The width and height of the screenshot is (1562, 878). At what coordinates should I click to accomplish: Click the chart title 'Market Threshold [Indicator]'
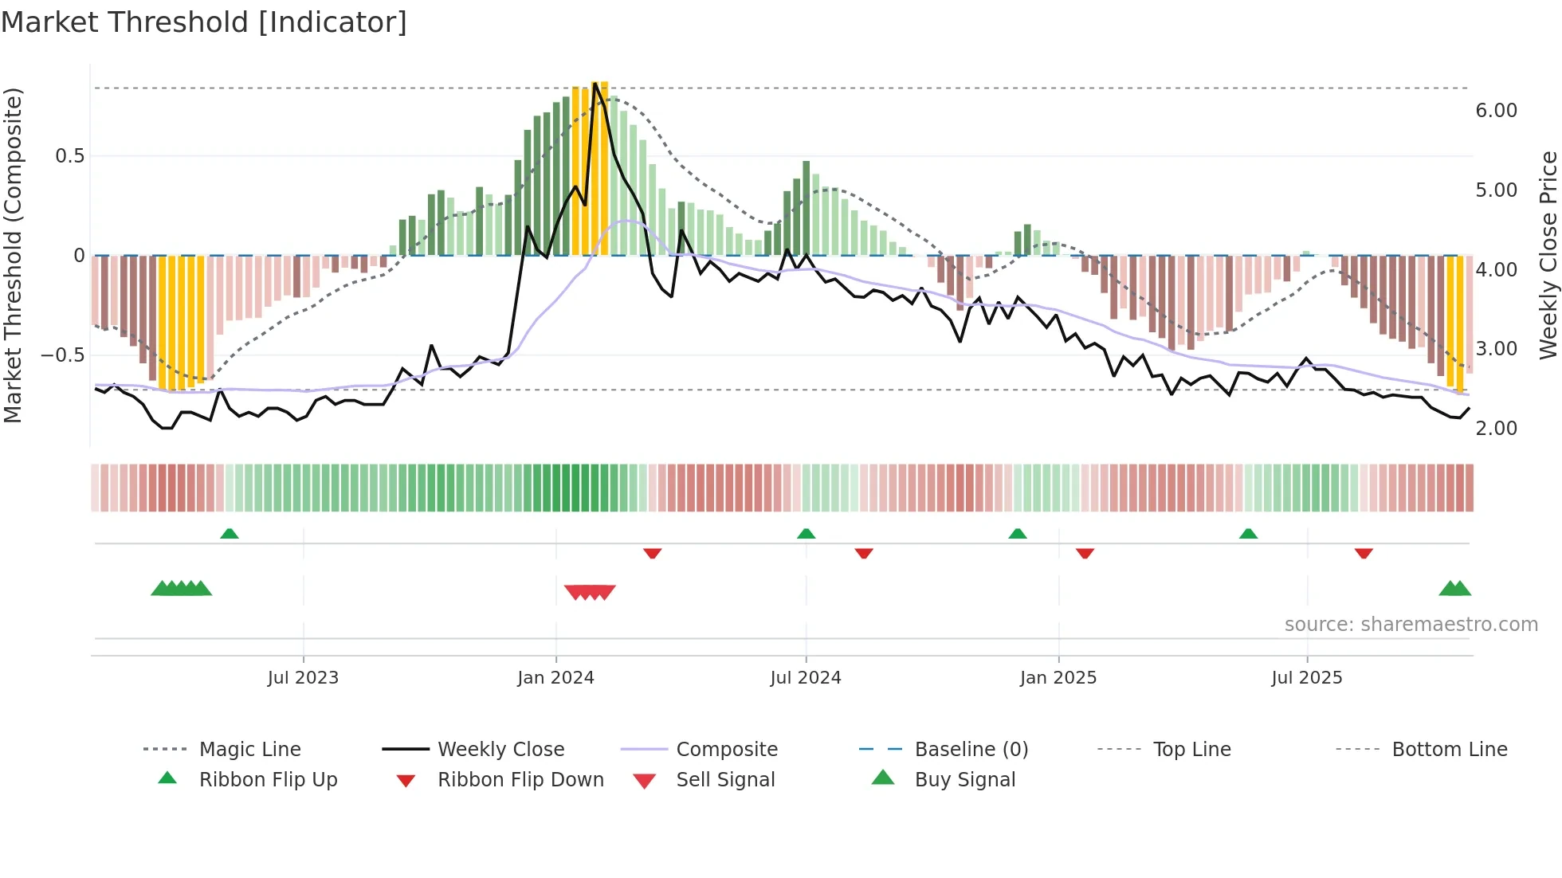click(x=204, y=22)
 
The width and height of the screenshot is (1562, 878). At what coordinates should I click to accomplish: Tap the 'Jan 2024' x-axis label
click(x=555, y=678)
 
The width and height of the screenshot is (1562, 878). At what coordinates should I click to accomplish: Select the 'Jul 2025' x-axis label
click(x=1306, y=678)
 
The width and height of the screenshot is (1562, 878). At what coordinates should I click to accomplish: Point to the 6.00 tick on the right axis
click(x=1496, y=111)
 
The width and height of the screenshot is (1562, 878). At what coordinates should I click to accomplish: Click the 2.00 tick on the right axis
click(x=1496, y=429)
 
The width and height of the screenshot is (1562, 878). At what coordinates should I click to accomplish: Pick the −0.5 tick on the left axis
click(x=62, y=355)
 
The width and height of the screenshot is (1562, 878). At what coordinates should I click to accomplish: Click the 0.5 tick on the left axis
click(x=69, y=156)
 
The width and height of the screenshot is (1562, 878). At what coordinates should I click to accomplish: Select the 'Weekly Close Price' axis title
click(x=1548, y=255)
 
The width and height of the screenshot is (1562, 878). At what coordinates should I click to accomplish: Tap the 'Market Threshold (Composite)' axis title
click(x=13, y=255)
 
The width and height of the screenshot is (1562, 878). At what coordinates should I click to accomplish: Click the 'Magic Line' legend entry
click(x=249, y=750)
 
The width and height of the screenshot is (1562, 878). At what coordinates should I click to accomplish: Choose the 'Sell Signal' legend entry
click(x=725, y=780)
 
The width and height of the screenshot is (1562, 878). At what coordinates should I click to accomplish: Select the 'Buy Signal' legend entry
click(x=964, y=780)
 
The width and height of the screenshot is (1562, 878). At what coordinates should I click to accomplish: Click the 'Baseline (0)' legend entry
click(x=971, y=750)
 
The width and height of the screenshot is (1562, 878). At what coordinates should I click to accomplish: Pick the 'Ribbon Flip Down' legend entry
click(x=520, y=780)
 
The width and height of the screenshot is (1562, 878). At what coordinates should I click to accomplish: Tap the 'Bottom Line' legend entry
click(x=1449, y=750)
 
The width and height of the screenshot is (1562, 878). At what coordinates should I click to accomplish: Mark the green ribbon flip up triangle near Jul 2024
click(x=806, y=534)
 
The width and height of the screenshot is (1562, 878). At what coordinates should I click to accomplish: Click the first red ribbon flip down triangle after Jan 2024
click(x=652, y=553)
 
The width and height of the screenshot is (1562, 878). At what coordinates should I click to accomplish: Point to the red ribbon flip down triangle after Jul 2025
click(x=1364, y=553)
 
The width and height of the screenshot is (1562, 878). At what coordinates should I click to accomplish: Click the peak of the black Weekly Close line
click(x=595, y=84)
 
